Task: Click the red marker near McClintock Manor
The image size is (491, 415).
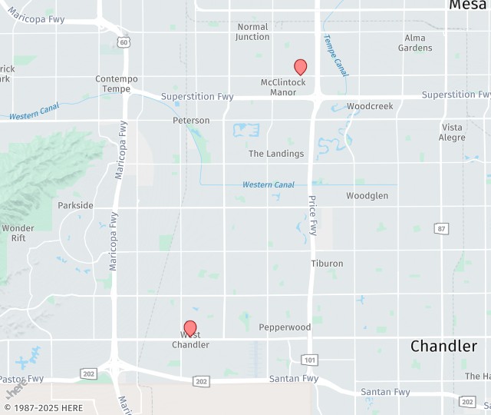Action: pos(301,68)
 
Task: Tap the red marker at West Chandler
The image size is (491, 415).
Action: pos(190,329)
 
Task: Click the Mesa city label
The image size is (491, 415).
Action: pos(467,5)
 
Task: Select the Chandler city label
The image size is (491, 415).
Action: pos(443,346)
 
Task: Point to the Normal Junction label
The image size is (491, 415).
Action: pos(252,32)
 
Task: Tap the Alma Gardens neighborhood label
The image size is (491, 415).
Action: pos(415,43)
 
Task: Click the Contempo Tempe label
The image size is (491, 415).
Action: pos(117,84)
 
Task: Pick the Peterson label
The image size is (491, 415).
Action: pos(191,121)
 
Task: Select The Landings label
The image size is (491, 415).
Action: pos(276,154)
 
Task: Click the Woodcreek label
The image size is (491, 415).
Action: pos(370,106)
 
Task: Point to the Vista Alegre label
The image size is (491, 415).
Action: pos(452,132)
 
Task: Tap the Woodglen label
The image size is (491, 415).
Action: pos(367,196)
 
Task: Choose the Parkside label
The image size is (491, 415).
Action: pos(75,206)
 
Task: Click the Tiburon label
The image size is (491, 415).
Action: pos(327,264)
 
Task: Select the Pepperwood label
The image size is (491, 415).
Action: pos(285,327)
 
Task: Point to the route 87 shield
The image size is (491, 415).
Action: pos(441,228)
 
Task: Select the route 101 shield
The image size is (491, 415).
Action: pos(309,360)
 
